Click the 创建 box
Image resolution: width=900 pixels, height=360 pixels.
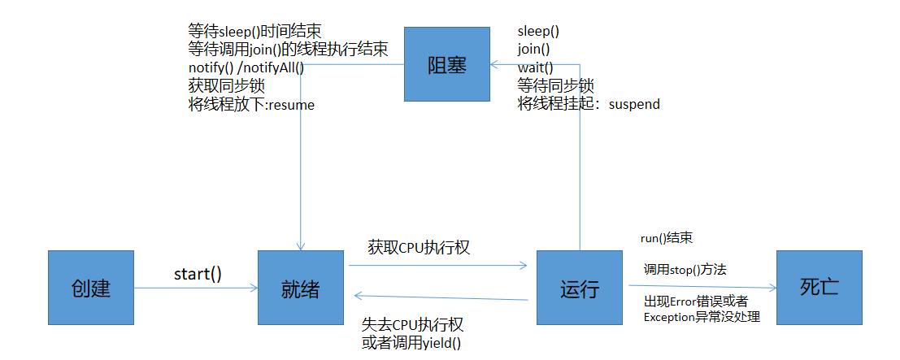point(90,288)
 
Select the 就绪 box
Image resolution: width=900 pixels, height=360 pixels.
point(301,288)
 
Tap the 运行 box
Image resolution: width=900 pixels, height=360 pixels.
point(580,288)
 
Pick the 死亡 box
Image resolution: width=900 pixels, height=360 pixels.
point(819,287)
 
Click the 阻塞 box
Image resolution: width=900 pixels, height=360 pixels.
point(448,64)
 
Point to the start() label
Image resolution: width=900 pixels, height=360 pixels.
point(198,274)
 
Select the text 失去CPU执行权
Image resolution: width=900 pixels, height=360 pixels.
point(412,325)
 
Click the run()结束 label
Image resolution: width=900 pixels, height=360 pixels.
point(666,239)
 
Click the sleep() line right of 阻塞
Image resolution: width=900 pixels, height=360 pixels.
point(538,32)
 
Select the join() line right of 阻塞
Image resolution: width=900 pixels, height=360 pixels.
point(533,50)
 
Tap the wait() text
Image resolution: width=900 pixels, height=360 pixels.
point(535,67)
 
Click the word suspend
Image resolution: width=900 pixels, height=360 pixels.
point(634,104)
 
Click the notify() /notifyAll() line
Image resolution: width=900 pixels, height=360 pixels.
point(246,67)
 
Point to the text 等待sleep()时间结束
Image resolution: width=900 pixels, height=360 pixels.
point(254,32)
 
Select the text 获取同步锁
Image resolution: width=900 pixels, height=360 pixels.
point(226,86)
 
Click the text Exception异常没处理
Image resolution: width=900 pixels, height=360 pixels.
point(702,317)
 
